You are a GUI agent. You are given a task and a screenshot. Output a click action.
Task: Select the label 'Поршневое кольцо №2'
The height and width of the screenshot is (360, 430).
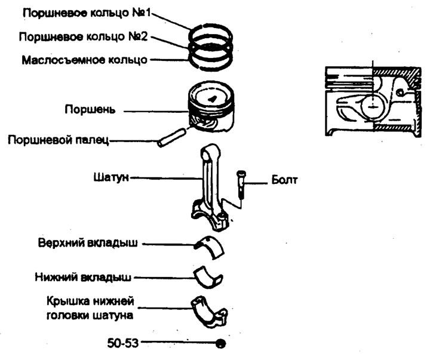(x=83, y=36)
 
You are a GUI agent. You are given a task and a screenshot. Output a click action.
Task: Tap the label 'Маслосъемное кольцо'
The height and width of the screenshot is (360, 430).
(x=84, y=60)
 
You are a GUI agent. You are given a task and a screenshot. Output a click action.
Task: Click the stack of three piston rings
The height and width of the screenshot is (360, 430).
(x=211, y=43)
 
